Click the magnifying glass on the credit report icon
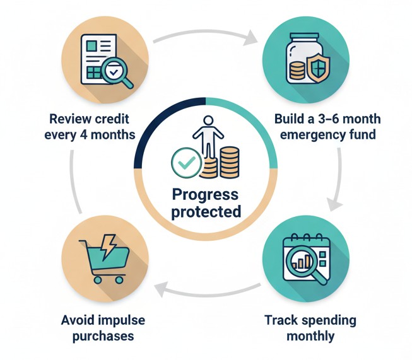point(115,74)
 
